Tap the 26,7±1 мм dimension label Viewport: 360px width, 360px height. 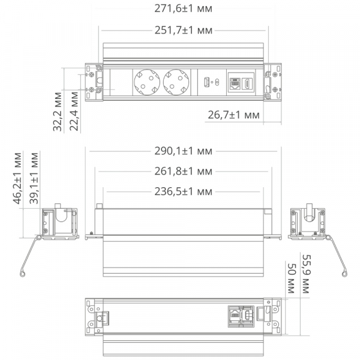233,114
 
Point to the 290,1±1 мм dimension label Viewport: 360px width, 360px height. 183,153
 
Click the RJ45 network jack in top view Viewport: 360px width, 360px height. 233,82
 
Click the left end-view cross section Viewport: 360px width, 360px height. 58,223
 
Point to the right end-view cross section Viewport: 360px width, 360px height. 307,223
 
